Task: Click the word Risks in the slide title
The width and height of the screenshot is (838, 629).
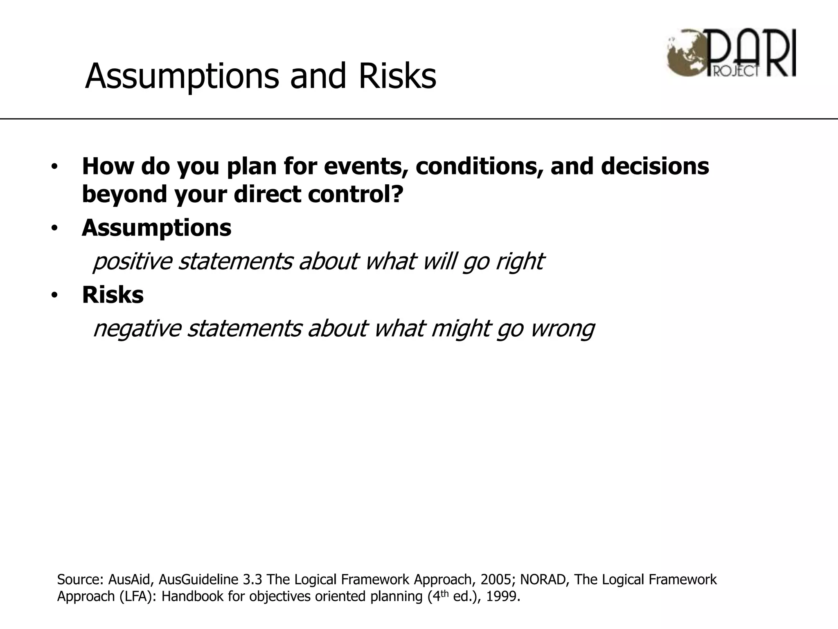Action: click(397, 76)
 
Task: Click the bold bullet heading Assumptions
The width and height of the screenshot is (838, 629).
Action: click(156, 228)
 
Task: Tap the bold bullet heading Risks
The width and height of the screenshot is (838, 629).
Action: click(113, 294)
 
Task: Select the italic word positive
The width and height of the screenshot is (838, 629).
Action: click(132, 262)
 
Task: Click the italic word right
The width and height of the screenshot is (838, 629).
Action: click(519, 262)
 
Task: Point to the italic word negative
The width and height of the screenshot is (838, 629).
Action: click(137, 329)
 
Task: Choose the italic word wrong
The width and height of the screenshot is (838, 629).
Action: click(562, 329)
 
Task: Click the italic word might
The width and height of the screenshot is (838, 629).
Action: click(461, 329)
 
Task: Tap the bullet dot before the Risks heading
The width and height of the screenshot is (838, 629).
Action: click(54, 295)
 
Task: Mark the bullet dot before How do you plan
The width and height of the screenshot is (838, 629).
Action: click(54, 167)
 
